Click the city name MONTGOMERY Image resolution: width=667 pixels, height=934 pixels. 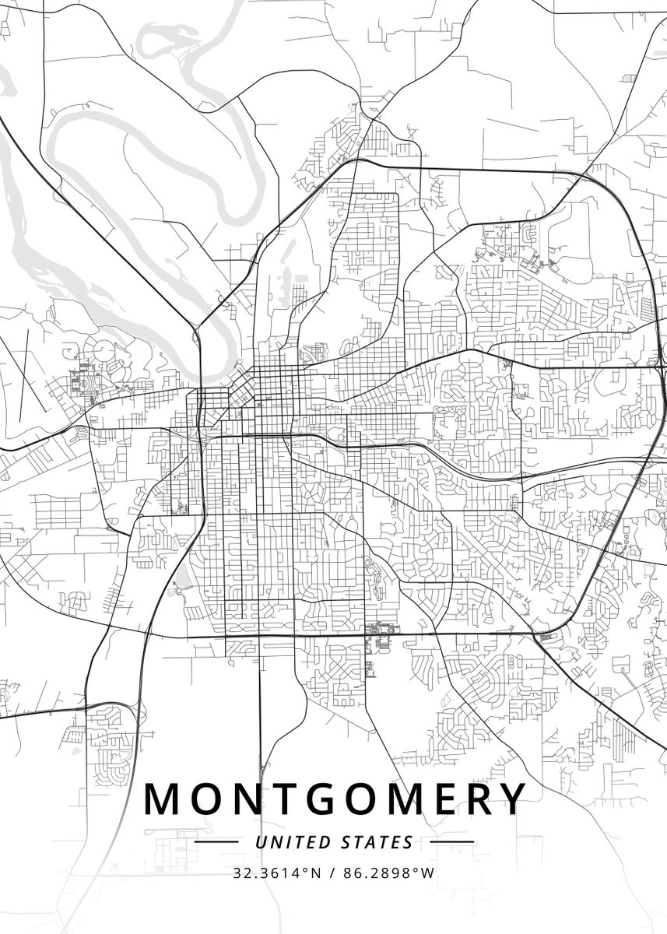pyautogui.click(x=335, y=799)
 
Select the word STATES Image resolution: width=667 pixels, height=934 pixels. pyautogui.click(x=377, y=842)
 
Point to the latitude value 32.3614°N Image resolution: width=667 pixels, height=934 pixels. pyautogui.click(x=276, y=873)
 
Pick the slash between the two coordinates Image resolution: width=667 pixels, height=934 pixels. pyautogui.click(x=333, y=873)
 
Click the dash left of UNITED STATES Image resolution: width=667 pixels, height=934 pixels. pyautogui.click(x=216, y=842)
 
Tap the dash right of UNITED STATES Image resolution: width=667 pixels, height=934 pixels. pyautogui.click(x=451, y=842)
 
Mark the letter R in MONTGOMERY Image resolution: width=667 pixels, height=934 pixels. pyautogui.click(x=474, y=799)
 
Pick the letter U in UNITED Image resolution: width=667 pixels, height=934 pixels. pyautogui.click(x=260, y=842)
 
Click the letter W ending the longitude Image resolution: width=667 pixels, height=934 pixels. pyautogui.click(x=428, y=873)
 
